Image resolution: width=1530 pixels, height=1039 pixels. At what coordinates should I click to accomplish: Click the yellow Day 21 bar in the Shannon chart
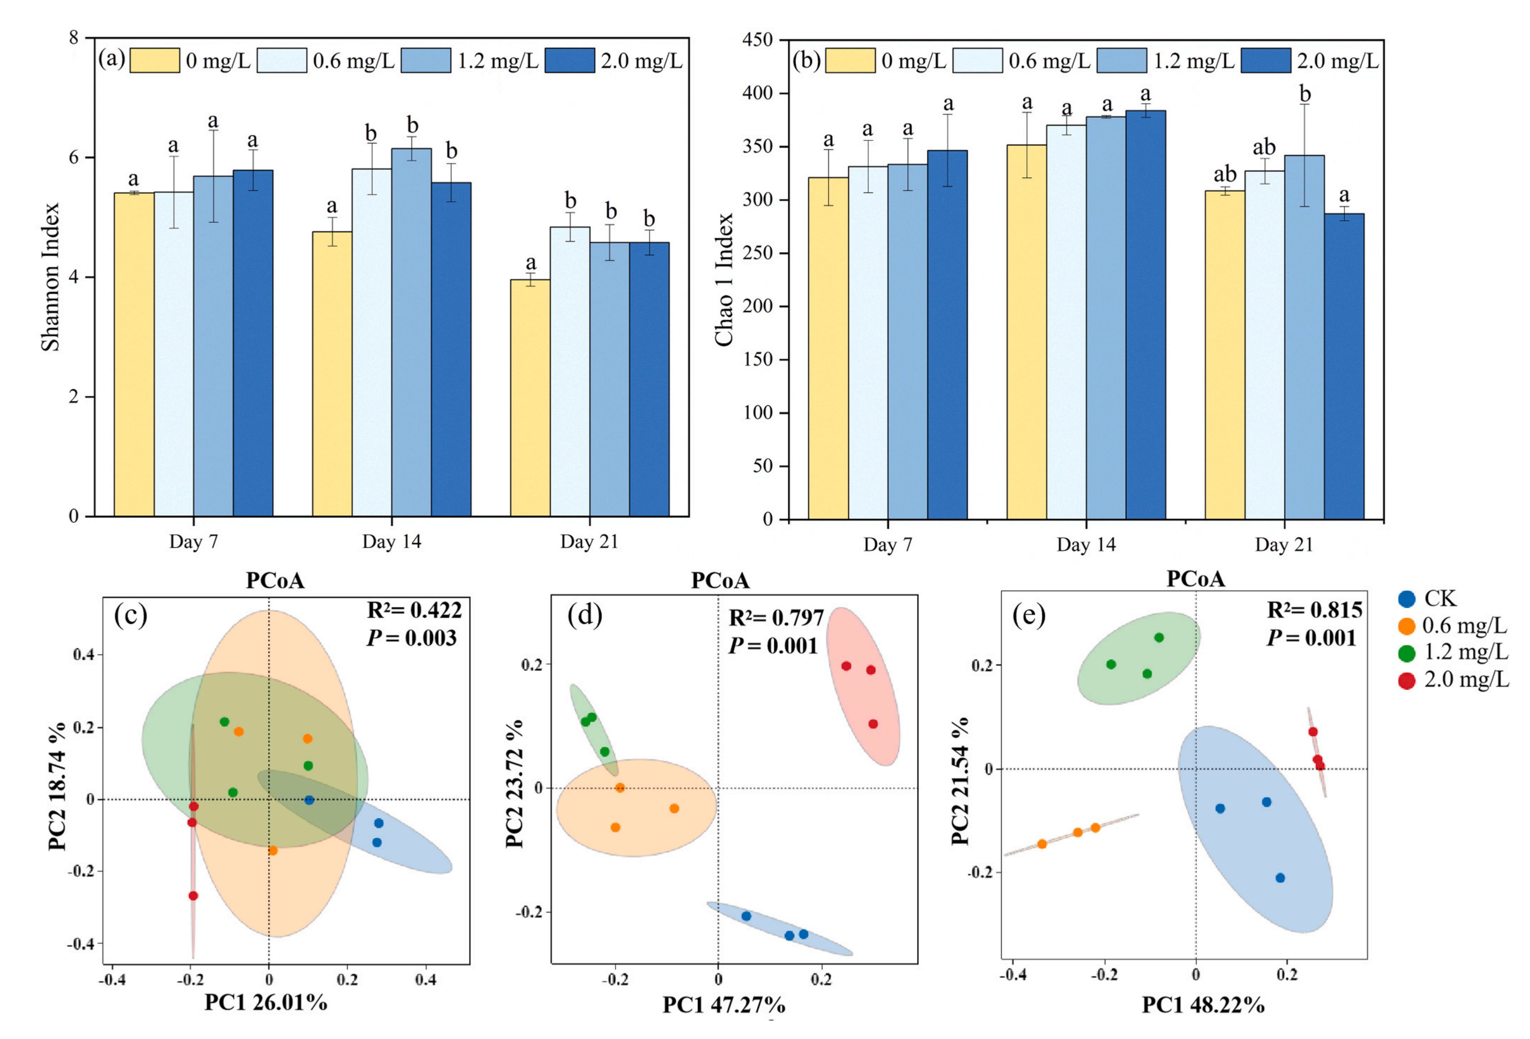pyautogui.click(x=530, y=398)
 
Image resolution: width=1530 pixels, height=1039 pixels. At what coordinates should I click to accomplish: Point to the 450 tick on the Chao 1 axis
pyautogui.click(x=757, y=40)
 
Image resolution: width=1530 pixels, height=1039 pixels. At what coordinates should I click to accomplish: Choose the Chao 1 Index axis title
pyautogui.click(x=724, y=279)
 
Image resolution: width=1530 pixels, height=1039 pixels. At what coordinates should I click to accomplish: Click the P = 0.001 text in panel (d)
pyautogui.click(x=773, y=646)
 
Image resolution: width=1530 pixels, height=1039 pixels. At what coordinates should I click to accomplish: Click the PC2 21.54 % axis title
pyautogui.click(x=960, y=780)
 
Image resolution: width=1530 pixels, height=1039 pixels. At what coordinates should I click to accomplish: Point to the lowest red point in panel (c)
pyautogui.click(x=193, y=895)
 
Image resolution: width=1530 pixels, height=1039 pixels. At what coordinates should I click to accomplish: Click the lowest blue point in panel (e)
pyautogui.click(x=1280, y=878)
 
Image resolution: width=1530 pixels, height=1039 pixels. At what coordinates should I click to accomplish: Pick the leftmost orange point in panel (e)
pyautogui.click(x=1042, y=844)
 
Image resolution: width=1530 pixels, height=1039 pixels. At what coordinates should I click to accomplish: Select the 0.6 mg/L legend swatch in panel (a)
pyautogui.click(x=282, y=61)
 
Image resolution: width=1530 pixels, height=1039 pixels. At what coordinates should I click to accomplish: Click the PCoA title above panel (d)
pyautogui.click(x=720, y=580)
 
